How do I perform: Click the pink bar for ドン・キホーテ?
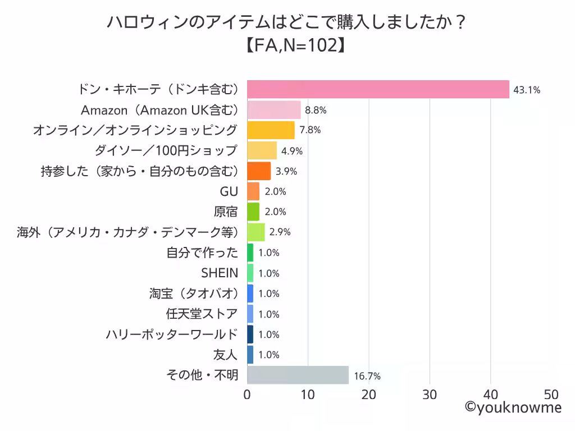click(x=378, y=89)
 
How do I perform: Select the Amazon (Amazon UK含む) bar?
click(x=274, y=110)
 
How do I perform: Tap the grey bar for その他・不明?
click(x=298, y=375)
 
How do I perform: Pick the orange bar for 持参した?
click(x=259, y=171)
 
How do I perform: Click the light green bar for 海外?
click(x=256, y=232)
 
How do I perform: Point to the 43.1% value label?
click(x=526, y=90)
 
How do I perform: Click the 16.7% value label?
click(x=367, y=376)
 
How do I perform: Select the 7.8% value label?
click(x=309, y=130)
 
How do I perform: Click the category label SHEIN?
click(x=220, y=273)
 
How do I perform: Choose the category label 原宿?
click(x=226, y=212)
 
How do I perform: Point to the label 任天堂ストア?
click(x=202, y=314)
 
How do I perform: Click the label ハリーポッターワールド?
click(x=172, y=334)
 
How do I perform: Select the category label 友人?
click(x=226, y=355)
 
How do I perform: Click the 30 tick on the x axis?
click(x=430, y=394)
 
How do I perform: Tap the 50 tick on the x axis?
click(x=551, y=394)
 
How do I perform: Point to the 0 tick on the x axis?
click(x=248, y=394)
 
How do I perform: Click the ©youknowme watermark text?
click(x=513, y=408)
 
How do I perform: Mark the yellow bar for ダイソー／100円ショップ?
click(x=262, y=151)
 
